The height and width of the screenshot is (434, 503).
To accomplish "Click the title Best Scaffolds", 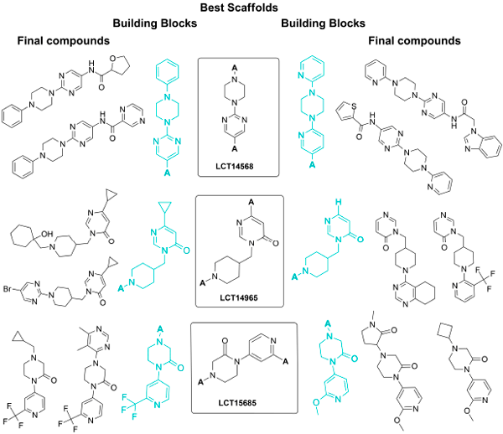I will tap(252, 8).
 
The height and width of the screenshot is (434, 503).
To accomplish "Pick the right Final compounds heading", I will tap(417, 39).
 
